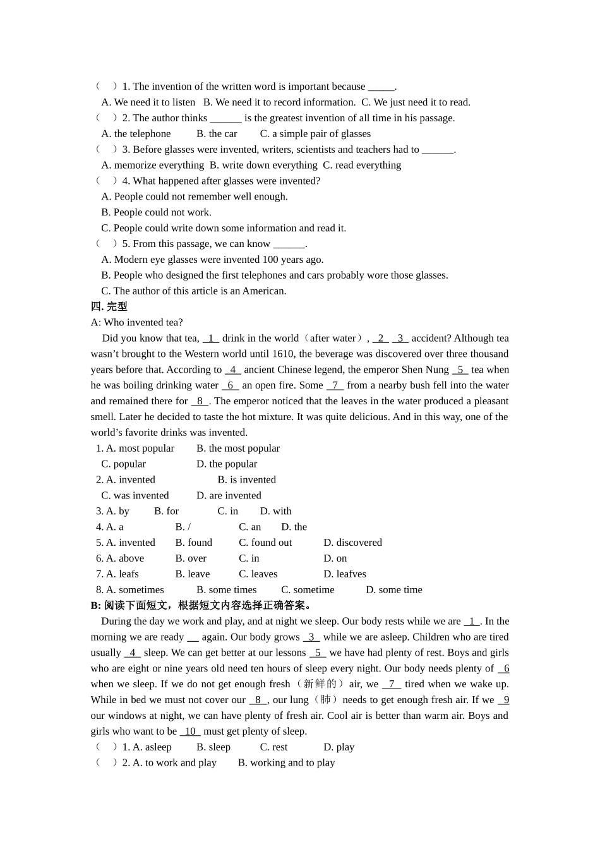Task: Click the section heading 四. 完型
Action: pos(109,306)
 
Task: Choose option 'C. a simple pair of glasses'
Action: pos(315,133)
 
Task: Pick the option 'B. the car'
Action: pos(217,133)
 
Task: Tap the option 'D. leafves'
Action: pos(344,574)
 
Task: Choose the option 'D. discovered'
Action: pos(352,542)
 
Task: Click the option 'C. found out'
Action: pos(265,542)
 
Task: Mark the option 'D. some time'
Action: pos(393,589)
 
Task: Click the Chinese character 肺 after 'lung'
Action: pos(325,699)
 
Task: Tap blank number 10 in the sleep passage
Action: pos(190,731)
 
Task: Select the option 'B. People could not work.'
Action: pos(157,212)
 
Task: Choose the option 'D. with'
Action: pos(275,510)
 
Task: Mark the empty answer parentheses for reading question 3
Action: pos(106,149)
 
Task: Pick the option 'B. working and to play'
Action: pos(286,762)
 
